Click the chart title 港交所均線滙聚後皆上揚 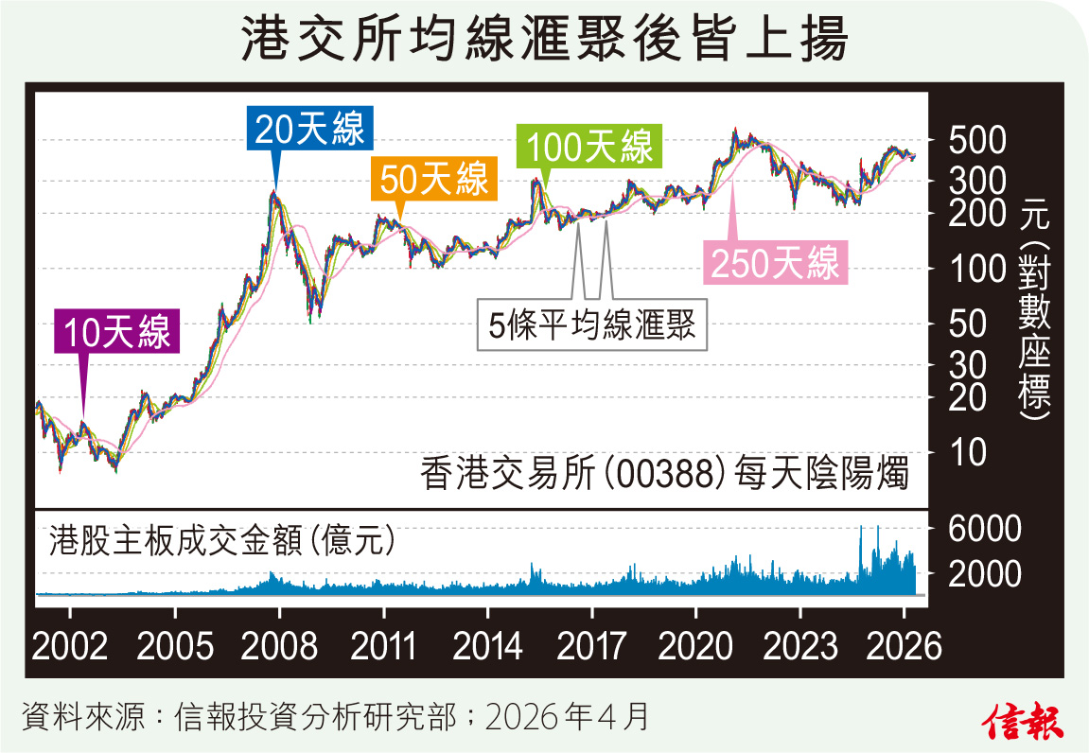(544, 42)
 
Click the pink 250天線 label (775, 264)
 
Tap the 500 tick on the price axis (972, 140)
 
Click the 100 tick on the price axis (972, 270)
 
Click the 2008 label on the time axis (278, 647)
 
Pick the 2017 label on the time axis (591, 647)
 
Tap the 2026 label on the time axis (904, 647)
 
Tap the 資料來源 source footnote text (336, 717)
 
